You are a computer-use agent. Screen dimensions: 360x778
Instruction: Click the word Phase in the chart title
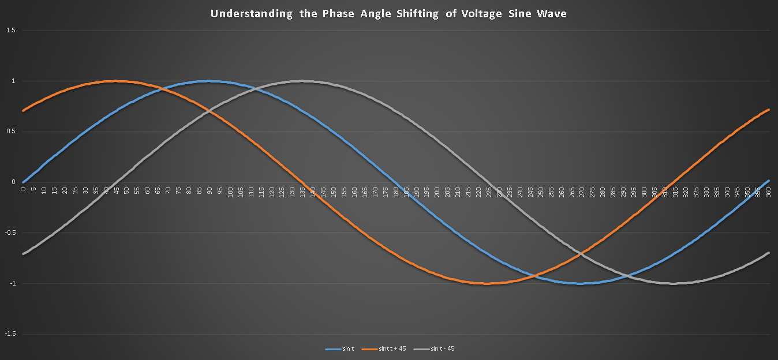click(339, 14)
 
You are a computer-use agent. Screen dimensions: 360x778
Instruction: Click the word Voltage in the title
click(482, 14)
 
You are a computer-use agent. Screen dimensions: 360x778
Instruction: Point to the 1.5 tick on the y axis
click(10, 30)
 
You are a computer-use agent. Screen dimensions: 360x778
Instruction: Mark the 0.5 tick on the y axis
click(10, 132)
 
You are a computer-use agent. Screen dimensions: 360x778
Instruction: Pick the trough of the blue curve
click(582, 283)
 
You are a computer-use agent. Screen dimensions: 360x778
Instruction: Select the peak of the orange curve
click(116, 81)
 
